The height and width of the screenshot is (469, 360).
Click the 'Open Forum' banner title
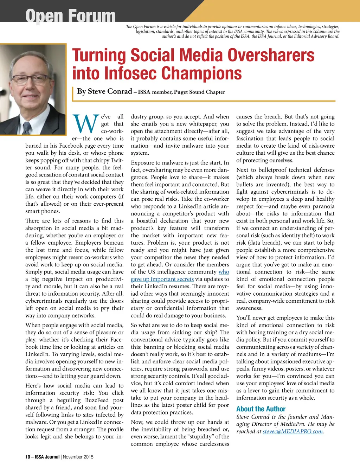[70, 16]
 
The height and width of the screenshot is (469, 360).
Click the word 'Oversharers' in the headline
[271, 56]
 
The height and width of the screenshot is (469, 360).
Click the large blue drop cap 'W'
[85, 124]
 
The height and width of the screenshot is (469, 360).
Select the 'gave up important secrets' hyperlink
[162, 279]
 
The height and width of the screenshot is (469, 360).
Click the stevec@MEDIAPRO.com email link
[293, 431]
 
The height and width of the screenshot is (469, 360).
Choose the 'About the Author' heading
[261, 409]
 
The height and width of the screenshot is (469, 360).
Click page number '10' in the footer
[28, 457]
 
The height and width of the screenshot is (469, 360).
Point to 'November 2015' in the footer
[78, 457]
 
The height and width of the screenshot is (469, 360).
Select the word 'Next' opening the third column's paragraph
[242, 170]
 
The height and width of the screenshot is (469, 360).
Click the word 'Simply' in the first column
[34, 272]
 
